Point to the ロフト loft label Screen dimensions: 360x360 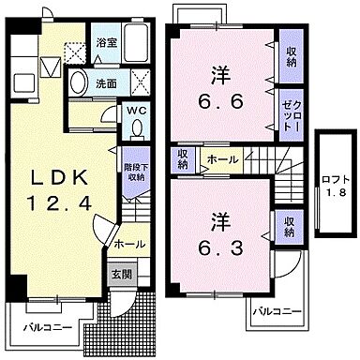coord(334,179)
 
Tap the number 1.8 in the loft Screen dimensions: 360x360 coord(334,193)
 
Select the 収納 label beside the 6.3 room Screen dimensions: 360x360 coord(289,226)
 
